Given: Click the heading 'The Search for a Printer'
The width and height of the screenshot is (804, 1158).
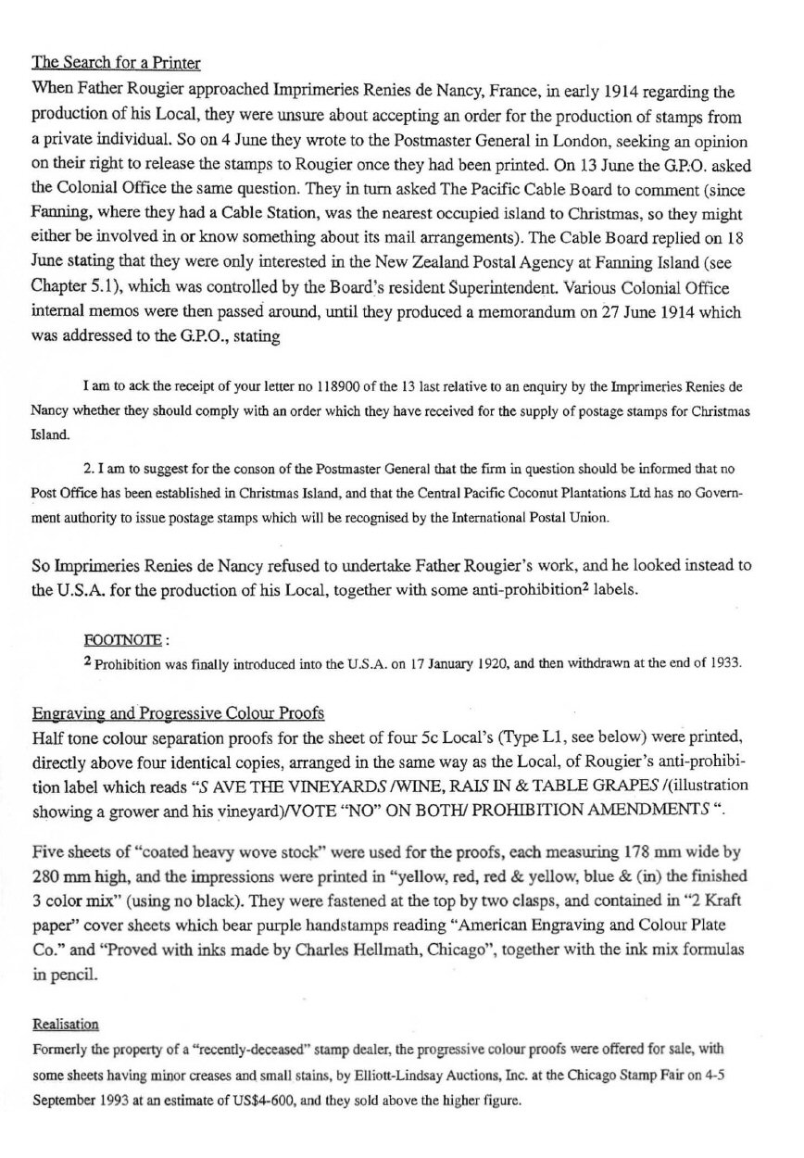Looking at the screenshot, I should tap(117, 64).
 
